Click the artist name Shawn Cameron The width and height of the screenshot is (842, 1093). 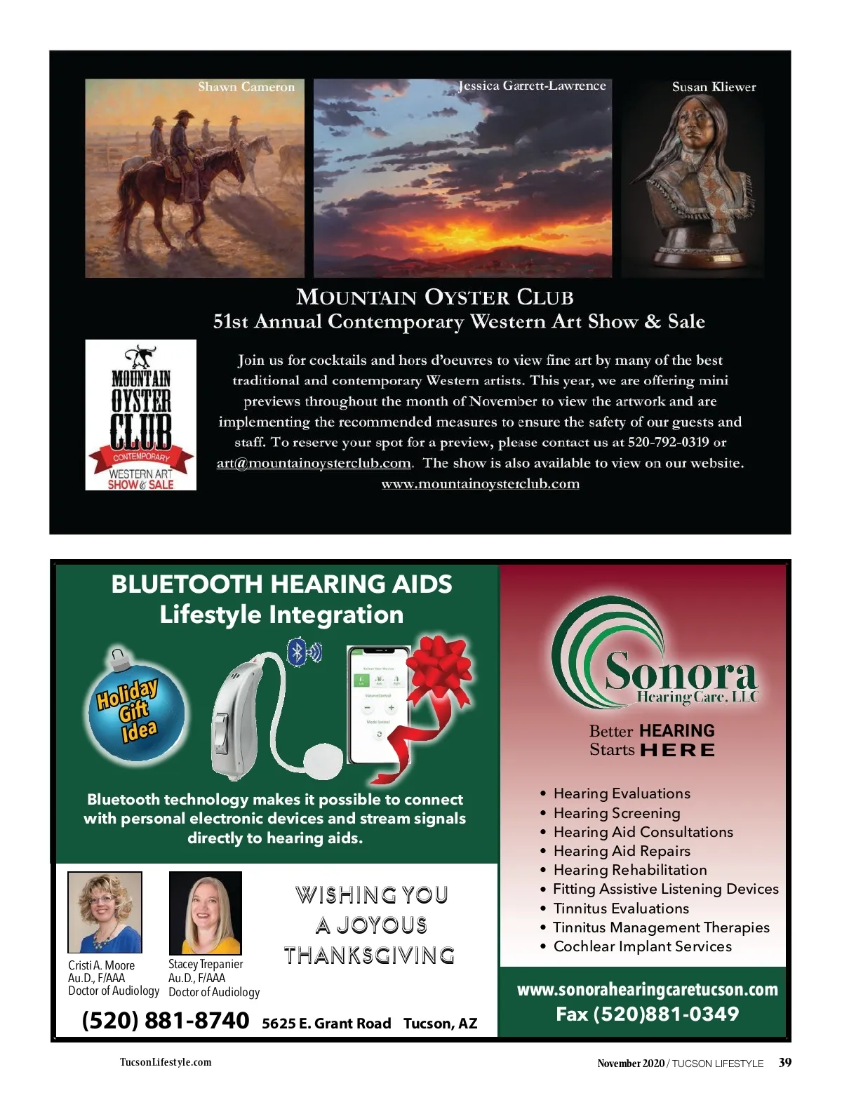pos(246,87)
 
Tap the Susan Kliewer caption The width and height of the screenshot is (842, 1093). pos(714,87)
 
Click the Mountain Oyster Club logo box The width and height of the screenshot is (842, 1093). pos(140,415)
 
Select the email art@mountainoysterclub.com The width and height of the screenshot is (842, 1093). pos(314,463)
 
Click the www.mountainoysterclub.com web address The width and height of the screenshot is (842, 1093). pos(480,484)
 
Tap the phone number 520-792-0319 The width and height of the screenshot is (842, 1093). pos(668,443)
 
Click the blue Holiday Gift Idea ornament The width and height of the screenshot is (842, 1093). pos(135,712)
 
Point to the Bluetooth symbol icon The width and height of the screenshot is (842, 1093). pos(298,652)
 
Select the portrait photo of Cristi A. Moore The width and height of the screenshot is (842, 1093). pos(105,912)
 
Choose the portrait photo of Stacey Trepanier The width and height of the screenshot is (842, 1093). pos(206,913)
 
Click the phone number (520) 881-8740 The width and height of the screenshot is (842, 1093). pos(166,1021)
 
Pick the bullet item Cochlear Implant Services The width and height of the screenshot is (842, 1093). pos(642,946)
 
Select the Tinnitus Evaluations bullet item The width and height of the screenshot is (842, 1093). pos(621,908)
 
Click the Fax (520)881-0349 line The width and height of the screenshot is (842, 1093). pos(647,1014)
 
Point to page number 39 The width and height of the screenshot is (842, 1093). pos(785,1063)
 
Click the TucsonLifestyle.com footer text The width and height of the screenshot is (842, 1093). pos(166,1062)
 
